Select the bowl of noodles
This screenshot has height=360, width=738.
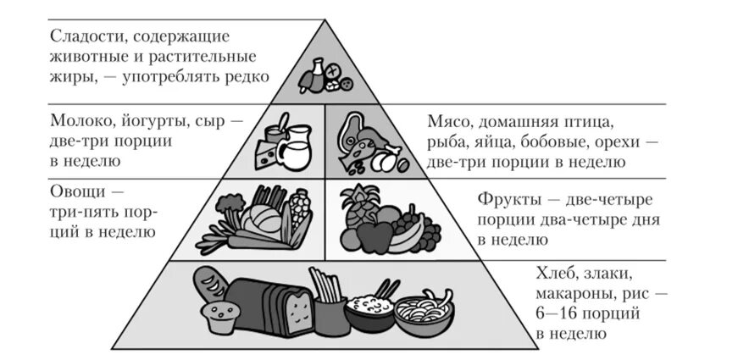[424, 313]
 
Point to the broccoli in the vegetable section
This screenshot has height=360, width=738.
[229, 206]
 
